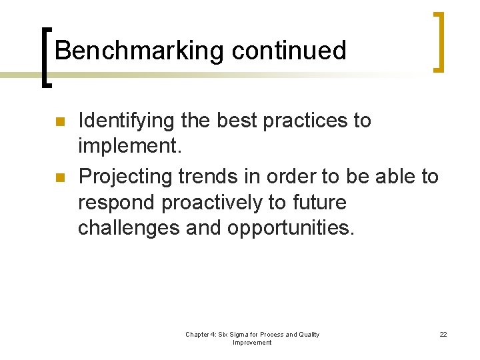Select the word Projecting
pyautogui.click(x=125, y=177)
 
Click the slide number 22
pyautogui.click(x=443, y=334)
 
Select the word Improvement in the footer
pyautogui.click(x=252, y=343)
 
